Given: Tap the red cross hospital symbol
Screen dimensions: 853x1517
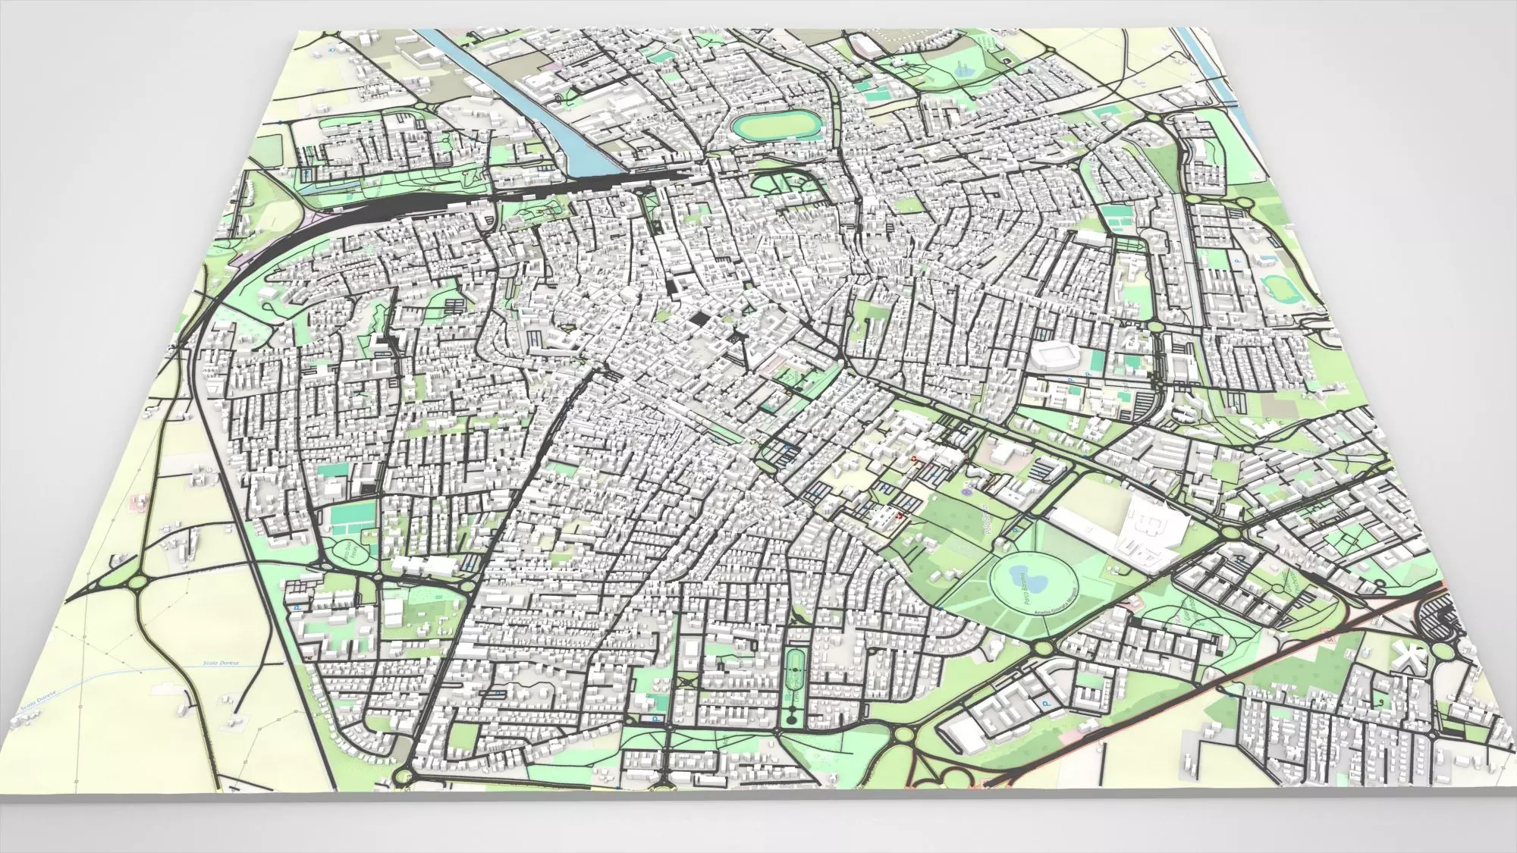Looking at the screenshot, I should pos(900,516).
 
